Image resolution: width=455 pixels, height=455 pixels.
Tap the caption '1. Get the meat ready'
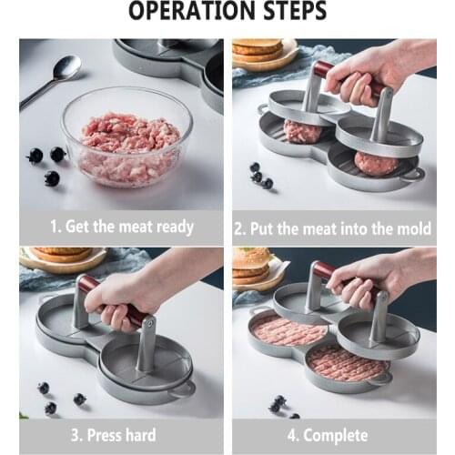pyautogui.click(x=121, y=227)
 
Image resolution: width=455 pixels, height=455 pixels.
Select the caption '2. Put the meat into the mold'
pyautogui.click(x=332, y=228)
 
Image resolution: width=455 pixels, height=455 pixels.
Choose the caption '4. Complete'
pyautogui.click(x=332, y=435)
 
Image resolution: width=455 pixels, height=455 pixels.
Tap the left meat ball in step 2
pyautogui.click(x=302, y=132)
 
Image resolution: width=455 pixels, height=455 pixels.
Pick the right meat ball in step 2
pyautogui.click(x=375, y=163)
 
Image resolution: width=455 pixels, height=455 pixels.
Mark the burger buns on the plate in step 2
pyautogui.click(x=258, y=50)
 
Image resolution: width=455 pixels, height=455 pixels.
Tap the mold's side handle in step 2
pyautogui.click(x=415, y=173)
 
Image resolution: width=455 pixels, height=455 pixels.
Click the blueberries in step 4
pyautogui.click(x=278, y=402)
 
